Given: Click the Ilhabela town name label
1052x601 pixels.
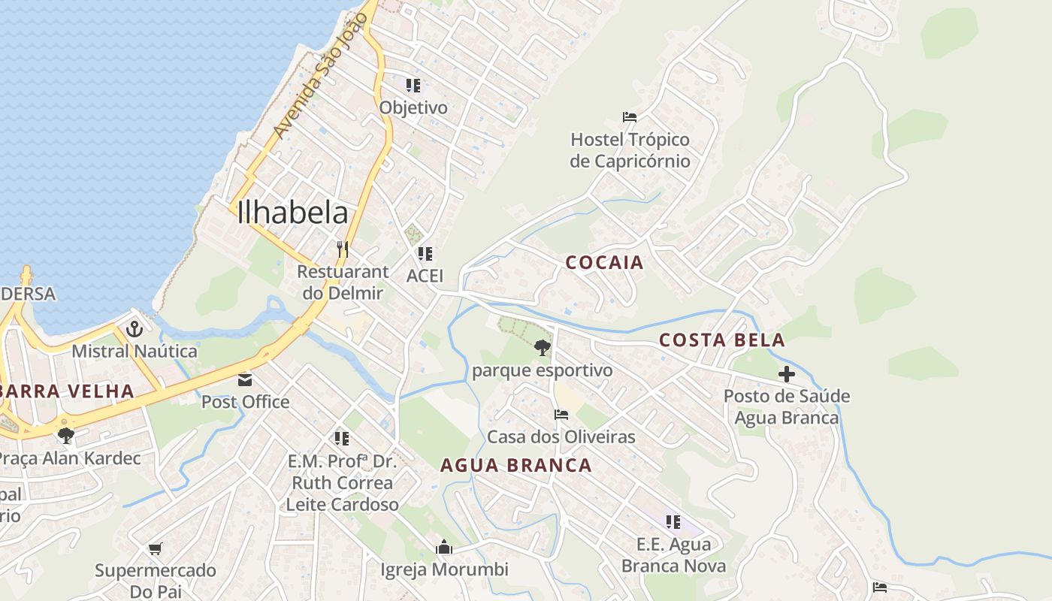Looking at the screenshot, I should pos(292,213).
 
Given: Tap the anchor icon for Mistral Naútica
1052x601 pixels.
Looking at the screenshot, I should pos(135,328).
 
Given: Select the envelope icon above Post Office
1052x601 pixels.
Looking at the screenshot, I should pos(245,379).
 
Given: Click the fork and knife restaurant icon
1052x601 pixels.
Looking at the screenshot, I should pos(343,249).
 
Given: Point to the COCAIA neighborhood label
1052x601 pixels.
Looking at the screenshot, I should pos(604,262).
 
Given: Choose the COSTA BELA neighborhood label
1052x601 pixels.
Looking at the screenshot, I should pos(721,340).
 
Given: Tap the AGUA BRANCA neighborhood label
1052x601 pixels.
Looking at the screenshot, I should pos(515,465).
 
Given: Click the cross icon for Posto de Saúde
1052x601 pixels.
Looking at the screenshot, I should pos(787,374).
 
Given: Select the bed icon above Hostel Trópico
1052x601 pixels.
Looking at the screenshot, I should pos(630,117).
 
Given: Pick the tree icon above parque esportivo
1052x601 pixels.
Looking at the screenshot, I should pos(542,348).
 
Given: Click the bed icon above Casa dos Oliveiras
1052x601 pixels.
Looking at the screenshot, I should pos(561,414).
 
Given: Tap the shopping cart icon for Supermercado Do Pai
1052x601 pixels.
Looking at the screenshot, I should pos(156,548).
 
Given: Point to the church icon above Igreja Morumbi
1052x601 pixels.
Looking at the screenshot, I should pos(444,547).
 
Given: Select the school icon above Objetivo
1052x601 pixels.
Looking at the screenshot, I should pos(413,85).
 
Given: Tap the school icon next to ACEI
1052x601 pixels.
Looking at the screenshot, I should pos(425,254).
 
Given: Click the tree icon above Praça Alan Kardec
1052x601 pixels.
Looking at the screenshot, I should pos(66,435).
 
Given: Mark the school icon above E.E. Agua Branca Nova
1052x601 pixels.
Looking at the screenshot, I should pos(673,521).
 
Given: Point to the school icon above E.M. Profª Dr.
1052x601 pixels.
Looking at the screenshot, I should pos(342,438).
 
